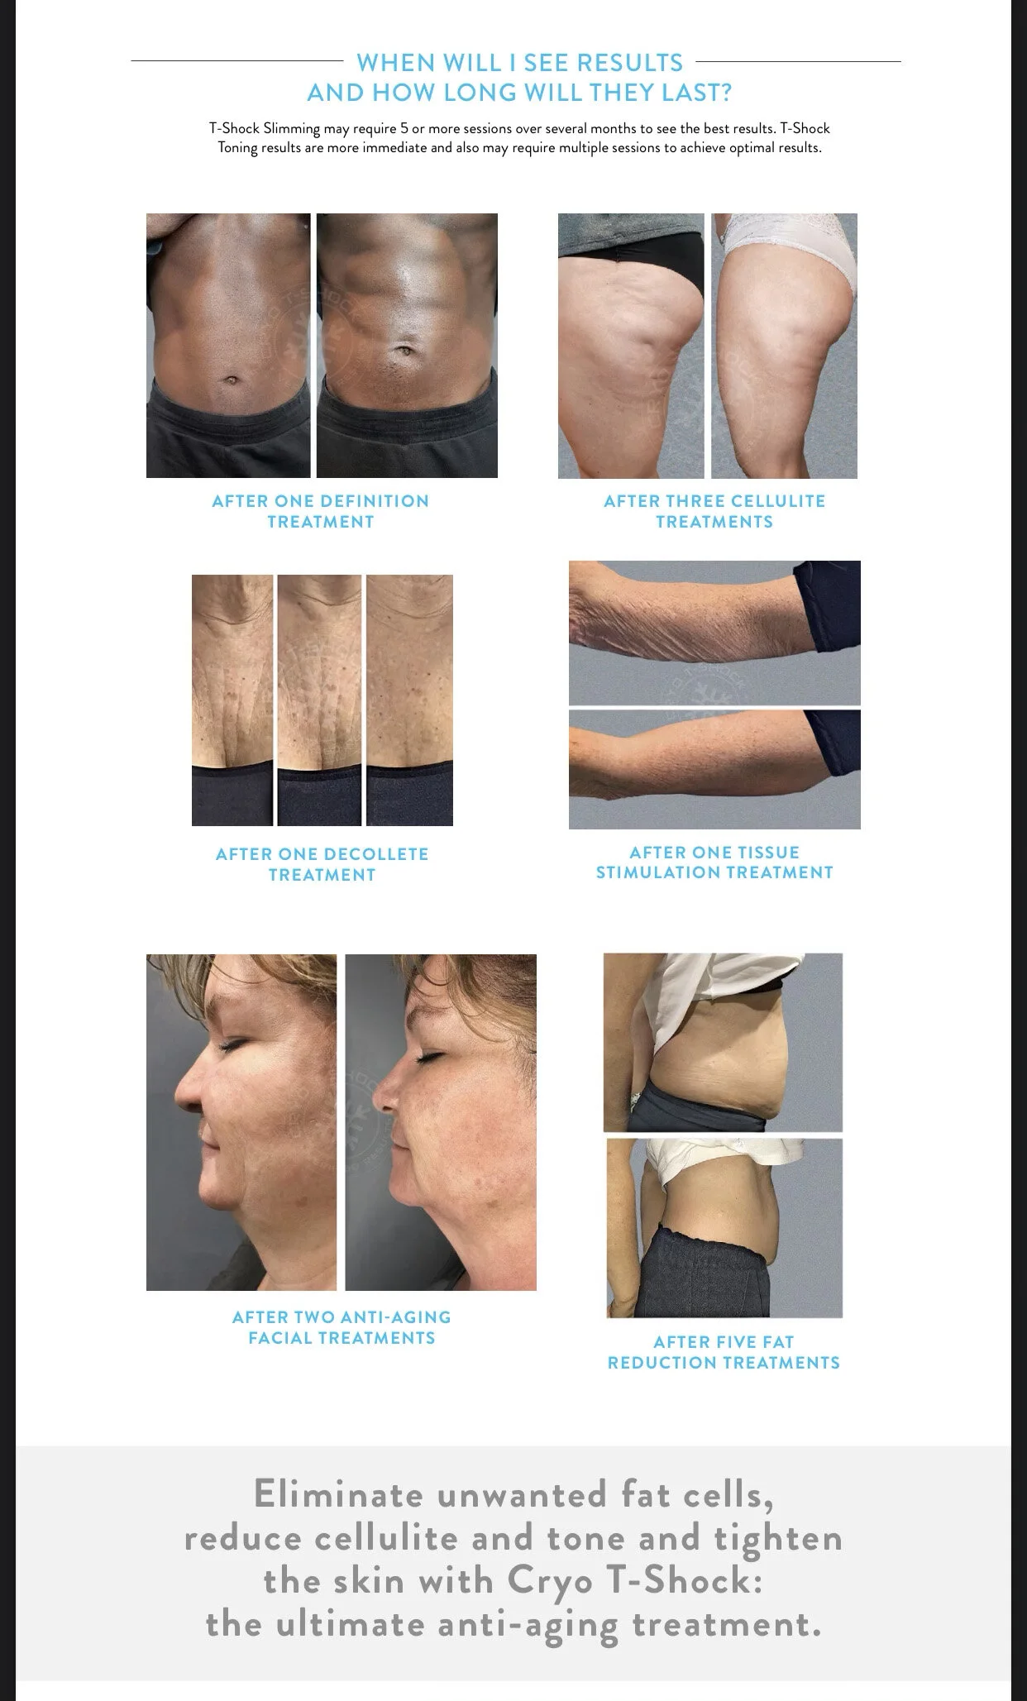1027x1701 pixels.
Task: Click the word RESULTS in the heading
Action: tap(629, 63)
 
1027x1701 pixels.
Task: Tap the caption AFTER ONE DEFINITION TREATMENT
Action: tap(321, 511)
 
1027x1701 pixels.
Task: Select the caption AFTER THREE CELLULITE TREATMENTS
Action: tap(714, 511)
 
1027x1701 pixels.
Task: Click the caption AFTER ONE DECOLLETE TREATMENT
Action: tap(322, 864)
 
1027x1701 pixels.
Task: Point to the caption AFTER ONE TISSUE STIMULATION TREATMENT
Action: tap(714, 862)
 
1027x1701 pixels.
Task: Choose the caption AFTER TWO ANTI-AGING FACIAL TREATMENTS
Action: tap(342, 1327)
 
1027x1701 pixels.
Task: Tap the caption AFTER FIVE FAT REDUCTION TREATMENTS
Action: tap(724, 1352)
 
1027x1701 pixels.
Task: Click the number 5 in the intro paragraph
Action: tap(405, 128)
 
